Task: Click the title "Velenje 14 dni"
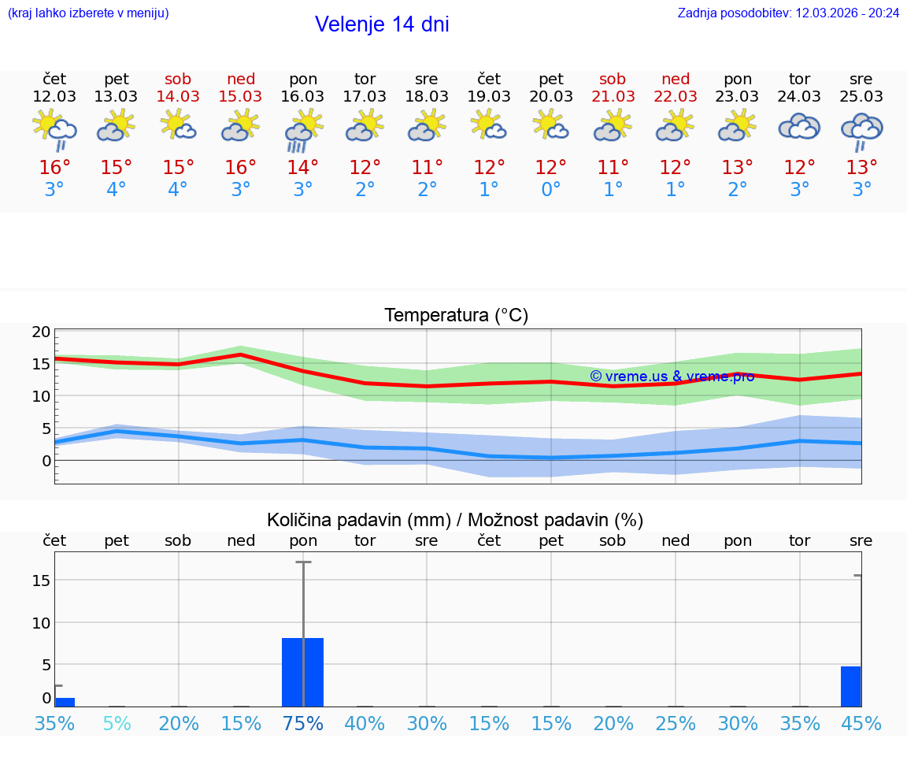[382, 24]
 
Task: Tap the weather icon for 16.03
[303, 130]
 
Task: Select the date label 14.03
[179, 97]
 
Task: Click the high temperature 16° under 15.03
[241, 168]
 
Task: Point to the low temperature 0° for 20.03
[551, 190]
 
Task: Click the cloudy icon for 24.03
[799, 127]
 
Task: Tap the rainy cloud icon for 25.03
[861, 131]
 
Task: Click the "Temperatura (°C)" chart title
[456, 316]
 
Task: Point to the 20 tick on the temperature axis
[42, 332]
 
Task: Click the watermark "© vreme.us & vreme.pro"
[672, 377]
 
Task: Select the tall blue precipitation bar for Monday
[303, 672]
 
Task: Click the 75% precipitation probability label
[303, 723]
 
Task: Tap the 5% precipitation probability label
[117, 723]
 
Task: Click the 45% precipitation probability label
[861, 723]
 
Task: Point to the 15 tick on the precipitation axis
[42, 581]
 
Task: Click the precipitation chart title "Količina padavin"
[455, 520]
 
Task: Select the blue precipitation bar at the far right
[850, 686]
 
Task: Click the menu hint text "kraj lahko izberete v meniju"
[88, 13]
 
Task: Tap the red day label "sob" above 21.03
[613, 79]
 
